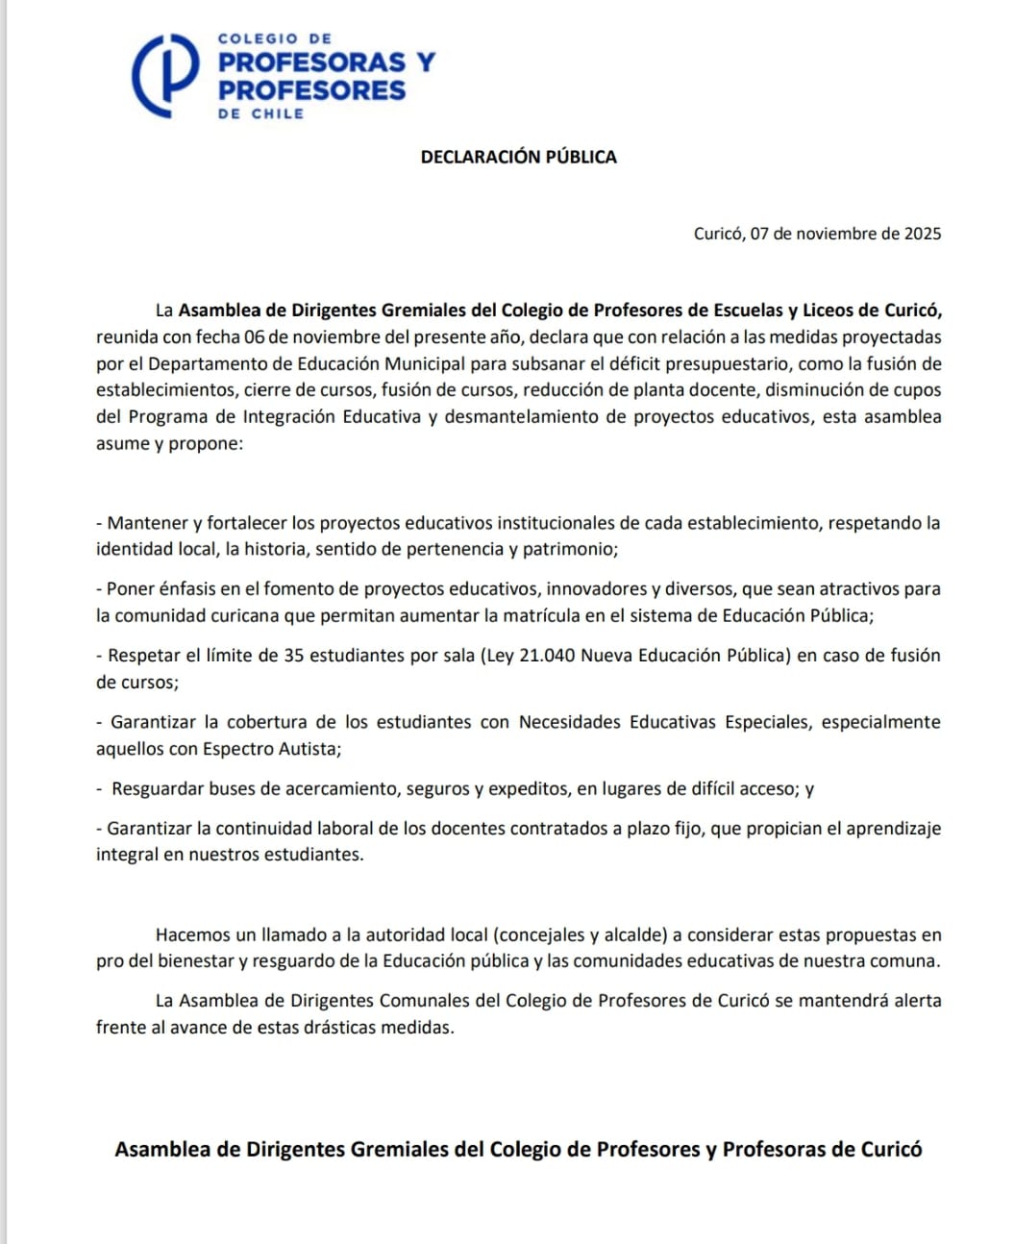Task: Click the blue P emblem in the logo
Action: click(x=165, y=77)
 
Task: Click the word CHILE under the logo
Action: click(x=278, y=113)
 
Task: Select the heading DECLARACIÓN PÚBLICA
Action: click(x=518, y=157)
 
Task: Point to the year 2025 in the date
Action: click(x=922, y=234)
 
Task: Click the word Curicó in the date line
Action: click(x=717, y=234)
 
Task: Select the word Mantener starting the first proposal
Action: click(x=147, y=523)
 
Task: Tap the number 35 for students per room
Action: click(x=294, y=656)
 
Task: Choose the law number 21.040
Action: click(x=547, y=656)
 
